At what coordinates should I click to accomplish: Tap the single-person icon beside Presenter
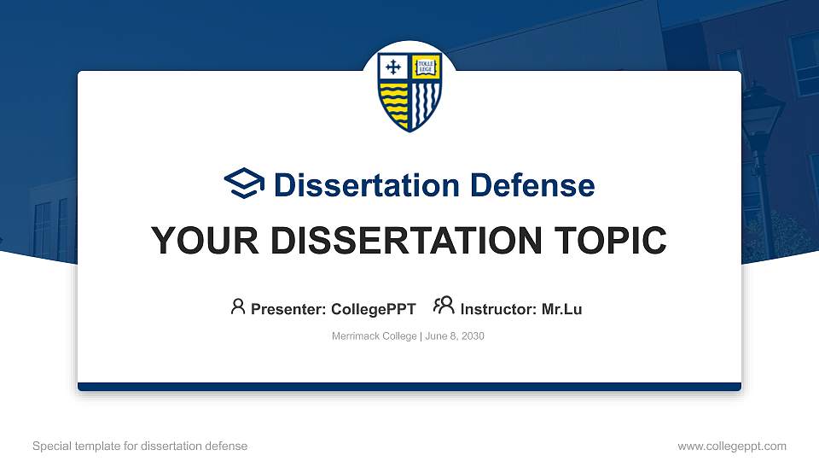[238, 306]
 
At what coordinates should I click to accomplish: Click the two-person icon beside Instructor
[444, 306]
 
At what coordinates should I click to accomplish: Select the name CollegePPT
[373, 309]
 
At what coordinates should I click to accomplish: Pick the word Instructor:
[499, 309]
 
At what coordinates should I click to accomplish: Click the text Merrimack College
[374, 336]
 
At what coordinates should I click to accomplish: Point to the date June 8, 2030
[454, 336]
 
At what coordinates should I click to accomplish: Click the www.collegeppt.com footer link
[731, 446]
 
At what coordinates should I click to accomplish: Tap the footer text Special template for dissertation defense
[140, 446]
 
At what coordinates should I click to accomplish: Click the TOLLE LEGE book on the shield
[426, 67]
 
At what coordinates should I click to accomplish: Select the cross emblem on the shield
[393, 67]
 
